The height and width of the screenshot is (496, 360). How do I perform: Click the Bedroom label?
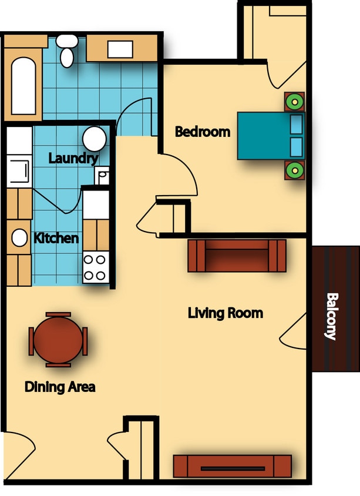tap(203, 132)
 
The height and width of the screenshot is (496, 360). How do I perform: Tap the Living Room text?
tap(225, 313)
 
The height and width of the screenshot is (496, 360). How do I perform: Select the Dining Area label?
tap(60, 387)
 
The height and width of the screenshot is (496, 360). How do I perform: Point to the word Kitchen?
tap(56, 238)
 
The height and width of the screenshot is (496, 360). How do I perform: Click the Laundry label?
tap(72, 158)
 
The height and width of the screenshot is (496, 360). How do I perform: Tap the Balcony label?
tap(331, 316)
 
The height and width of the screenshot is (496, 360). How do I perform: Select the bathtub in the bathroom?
tap(23, 86)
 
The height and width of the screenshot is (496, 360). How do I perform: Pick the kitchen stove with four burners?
tap(95, 267)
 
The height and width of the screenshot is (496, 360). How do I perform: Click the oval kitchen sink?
tap(20, 238)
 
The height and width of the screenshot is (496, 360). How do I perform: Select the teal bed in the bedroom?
tap(271, 136)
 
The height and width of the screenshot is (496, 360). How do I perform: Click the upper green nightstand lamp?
tap(294, 102)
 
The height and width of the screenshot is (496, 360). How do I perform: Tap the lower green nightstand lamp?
tap(294, 170)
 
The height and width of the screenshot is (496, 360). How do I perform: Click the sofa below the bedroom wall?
tap(237, 256)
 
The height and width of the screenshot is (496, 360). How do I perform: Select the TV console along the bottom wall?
tap(232, 466)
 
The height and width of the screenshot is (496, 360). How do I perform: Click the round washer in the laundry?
tap(94, 139)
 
